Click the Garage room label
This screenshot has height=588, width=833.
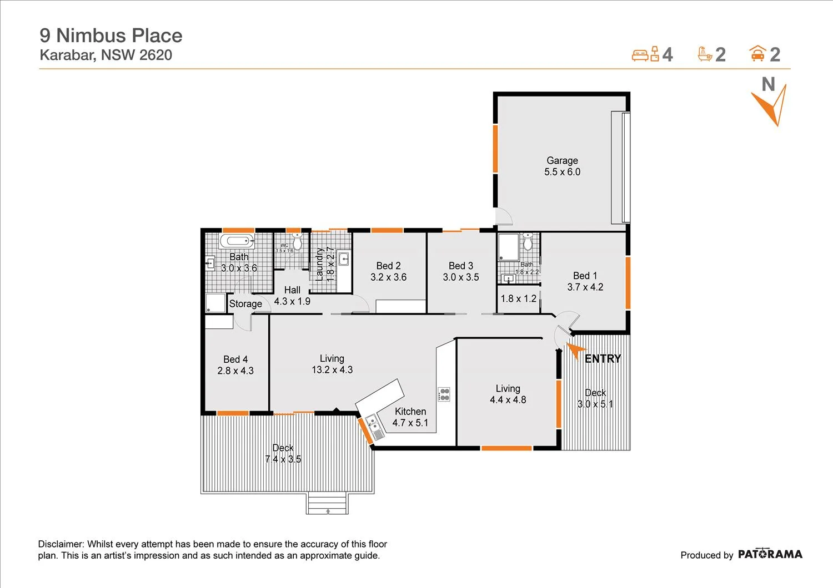point(562,160)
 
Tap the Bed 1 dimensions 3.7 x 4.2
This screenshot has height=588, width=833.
point(585,287)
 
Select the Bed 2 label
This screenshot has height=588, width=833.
point(388,266)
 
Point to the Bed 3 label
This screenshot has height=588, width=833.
point(461,266)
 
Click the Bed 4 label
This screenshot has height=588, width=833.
point(235,359)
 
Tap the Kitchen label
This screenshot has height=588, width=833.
point(410,412)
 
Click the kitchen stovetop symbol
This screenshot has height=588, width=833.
point(444,394)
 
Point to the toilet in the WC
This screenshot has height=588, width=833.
point(298,242)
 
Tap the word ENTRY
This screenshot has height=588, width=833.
point(603,359)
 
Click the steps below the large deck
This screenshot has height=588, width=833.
point(328,504)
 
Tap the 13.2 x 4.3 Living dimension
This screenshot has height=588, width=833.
point(332,370)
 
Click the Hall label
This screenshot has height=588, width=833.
point(292,290)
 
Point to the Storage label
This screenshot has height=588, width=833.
point(245,304)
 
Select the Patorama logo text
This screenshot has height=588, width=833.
point(770,554)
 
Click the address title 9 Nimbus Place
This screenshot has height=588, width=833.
point(111,36)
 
